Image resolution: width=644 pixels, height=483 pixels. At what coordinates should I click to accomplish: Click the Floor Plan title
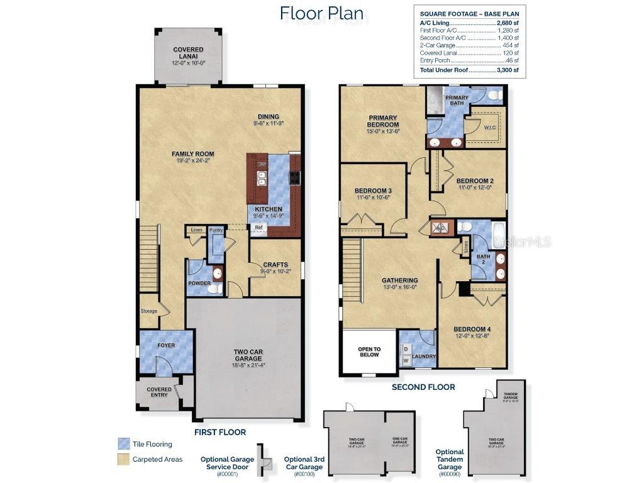click(x=321, y=13)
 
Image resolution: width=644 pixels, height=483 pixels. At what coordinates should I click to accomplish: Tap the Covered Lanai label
click(x=188, y=53)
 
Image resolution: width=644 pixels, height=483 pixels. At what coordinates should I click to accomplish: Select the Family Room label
click(x=193, y=153)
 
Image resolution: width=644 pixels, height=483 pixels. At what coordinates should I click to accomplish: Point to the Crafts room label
click(x=275, y=265)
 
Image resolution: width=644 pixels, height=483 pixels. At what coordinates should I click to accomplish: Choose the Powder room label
click(x=199, y=283)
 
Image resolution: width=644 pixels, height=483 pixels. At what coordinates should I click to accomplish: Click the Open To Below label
click(x=369, y=352)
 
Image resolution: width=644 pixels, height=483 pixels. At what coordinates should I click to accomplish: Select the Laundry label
click(x=424, y=357)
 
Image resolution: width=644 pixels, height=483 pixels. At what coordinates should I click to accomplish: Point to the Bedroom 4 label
click(x=472, y=330)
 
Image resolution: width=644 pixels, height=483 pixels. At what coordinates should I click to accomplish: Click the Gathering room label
click(x=399, y=280)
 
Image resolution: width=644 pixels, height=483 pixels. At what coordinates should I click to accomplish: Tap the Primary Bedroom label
click(x=384, y=121)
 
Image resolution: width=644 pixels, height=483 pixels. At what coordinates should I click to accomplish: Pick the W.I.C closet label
click(x=491, y=128)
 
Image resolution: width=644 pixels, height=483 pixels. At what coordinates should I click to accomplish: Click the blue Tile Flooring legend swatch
click(x=123, y=444)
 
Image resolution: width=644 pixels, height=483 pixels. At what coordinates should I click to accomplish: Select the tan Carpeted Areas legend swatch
click(x=123, y=459)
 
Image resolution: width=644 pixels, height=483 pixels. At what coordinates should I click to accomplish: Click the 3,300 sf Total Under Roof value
click(x=508, y=70)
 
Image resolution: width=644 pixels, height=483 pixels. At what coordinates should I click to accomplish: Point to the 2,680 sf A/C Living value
click(x=508, y=22)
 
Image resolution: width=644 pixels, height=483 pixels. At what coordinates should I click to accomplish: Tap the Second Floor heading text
click(x=423, y=387)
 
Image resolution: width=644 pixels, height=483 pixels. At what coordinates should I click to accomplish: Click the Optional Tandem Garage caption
click(x=449, y=459)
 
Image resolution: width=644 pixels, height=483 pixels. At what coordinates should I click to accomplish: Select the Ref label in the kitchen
click(x=258, y=228)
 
